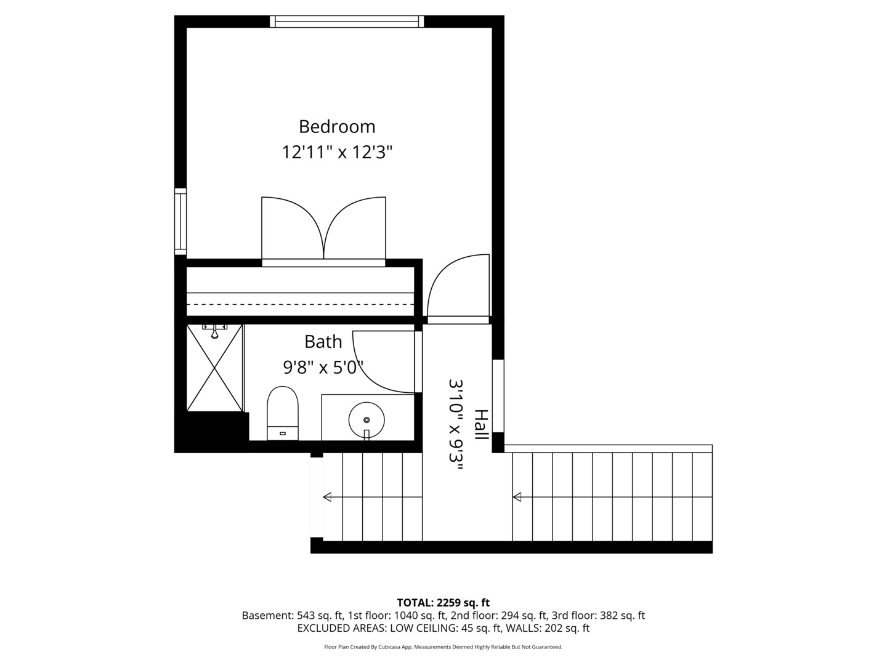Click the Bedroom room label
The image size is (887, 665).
coord(337,126)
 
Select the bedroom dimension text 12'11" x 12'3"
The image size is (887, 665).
coord(337,152)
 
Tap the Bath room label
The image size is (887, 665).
coord(323,341)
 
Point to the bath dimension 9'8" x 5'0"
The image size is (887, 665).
coord(323,368)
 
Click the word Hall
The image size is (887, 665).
coord(480,424)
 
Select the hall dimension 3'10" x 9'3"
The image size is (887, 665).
coord(455,425)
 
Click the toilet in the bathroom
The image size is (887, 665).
coord(283,413)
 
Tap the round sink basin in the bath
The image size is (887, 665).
coord(367,420)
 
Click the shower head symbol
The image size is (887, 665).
coord(215,332)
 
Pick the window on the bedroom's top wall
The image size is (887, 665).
coord(347,22)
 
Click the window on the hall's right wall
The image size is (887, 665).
coord(498,396)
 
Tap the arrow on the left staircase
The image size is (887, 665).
coord(327,497)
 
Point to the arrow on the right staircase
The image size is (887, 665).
coord(517,497)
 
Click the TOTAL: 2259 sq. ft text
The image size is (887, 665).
coord(443,602)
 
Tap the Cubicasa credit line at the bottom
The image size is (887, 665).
coord(443,647)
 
